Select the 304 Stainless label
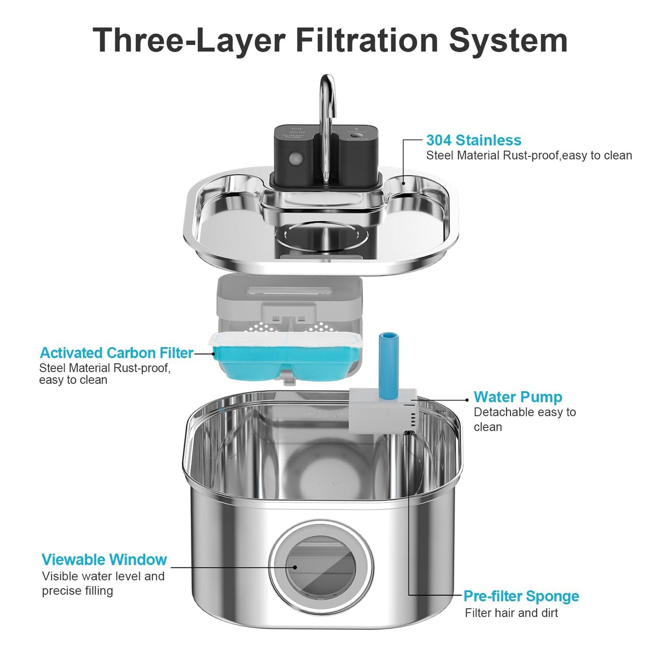(x=473, y=140)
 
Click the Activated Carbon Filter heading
(x=116, y=353)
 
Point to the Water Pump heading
(x=518, y=397)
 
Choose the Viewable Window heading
(x=104, y=559)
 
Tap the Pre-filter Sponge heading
(x=521, y=596)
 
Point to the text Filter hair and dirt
(x=511, y=613)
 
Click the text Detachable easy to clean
(x=524, y=419)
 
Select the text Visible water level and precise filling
(x=103, y=583)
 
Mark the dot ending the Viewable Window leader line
(x=295, y=567)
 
